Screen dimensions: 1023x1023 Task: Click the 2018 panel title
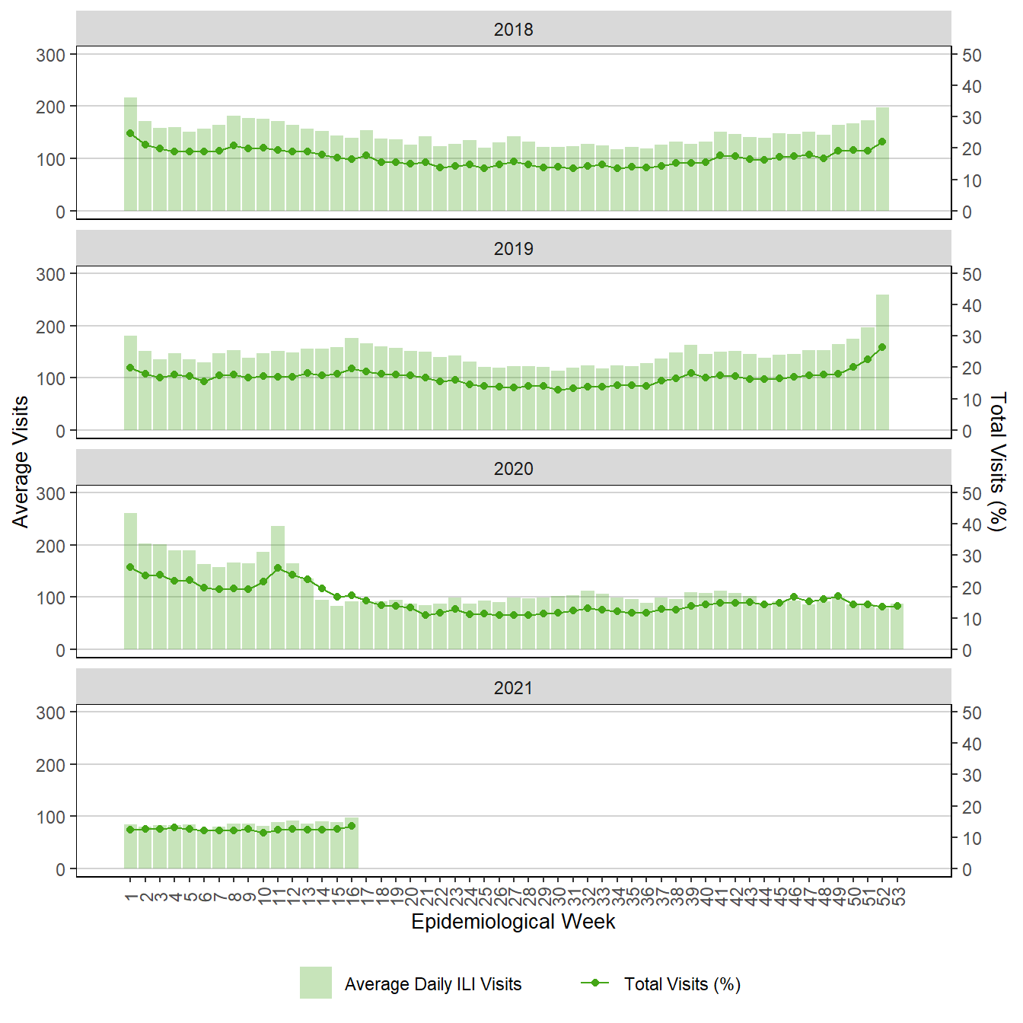tap(513, 30)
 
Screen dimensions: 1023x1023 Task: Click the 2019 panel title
tap(513, 249)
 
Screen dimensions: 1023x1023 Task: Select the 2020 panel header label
tap(513, 469)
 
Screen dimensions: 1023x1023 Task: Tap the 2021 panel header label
tap(513, 688)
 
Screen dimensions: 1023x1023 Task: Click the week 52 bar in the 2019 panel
tap(882, 362)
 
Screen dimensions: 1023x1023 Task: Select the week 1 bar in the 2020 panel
tap(130, 582)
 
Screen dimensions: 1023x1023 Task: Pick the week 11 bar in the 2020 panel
tap(278, 588)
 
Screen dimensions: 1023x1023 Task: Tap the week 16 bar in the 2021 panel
tap(352, 843)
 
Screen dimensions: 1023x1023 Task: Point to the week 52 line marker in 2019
tap(882, 347)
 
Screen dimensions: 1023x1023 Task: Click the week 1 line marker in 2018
tap(130, 133)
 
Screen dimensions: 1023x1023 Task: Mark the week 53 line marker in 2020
tap(897, 606)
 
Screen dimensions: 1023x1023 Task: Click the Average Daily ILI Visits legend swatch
tap(315, 983)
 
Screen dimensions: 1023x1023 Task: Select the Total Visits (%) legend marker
tap(595, 983)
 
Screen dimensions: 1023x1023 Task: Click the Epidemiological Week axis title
tap(513, 922)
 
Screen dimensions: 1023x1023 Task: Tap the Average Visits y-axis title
tap(21, 461)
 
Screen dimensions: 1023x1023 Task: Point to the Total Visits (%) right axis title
tap(998, 461)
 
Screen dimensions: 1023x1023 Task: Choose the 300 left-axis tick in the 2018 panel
tap(51, 55)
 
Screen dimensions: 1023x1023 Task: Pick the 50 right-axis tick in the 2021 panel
tap(972, 713)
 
